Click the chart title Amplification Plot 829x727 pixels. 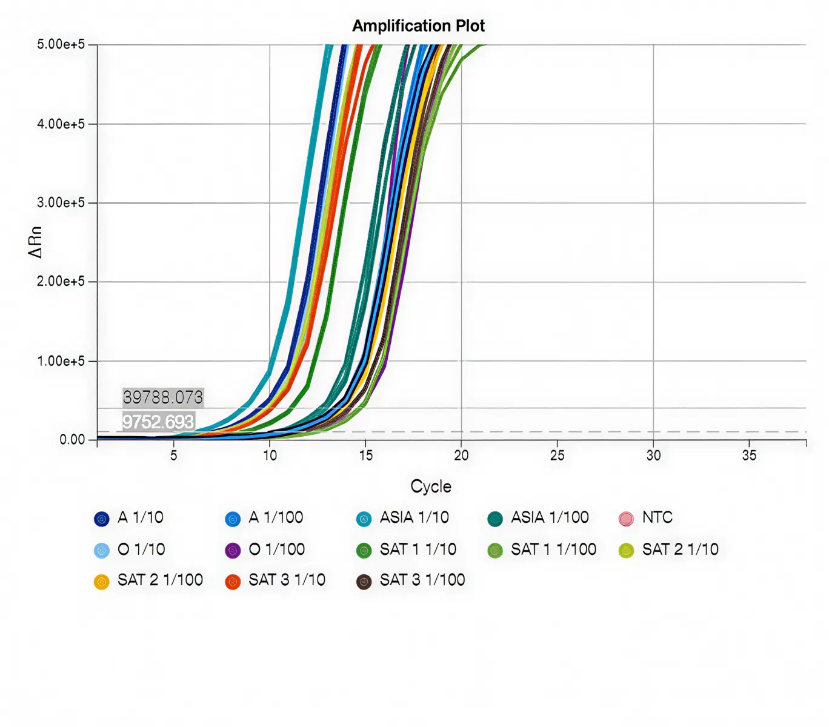click(x=418, y=26)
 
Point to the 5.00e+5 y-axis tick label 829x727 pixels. click(x=61, y=44)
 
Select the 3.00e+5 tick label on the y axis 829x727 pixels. click(x=61, y=203)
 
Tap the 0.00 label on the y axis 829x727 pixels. click(x=72, y=440)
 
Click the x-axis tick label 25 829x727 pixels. click(x=557, y=456)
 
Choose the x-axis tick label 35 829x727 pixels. click(x=749, y=456)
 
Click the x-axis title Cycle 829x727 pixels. click(x=431, y=486)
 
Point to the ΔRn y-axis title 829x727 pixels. click(x=36, y=242)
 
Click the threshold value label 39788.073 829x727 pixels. click(x=163, y=397)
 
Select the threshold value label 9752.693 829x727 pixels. click(x=158, y=422)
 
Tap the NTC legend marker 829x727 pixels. click(x=626, y=519)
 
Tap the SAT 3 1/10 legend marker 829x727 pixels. click(x=233, y=582)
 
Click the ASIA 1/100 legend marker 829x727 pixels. click(x=495, y=519)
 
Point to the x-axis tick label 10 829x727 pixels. click(x=270, y=456)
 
